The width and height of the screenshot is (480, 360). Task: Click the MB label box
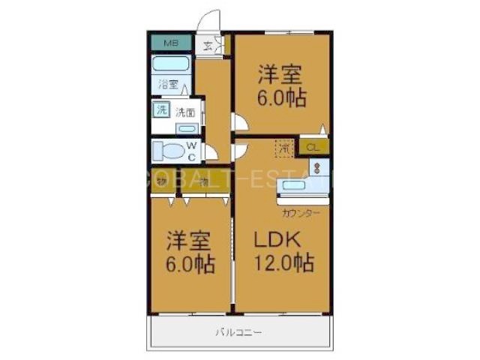[172, 43]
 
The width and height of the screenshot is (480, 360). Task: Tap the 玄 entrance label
[208, 45]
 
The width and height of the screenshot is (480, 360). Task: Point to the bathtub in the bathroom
[172, 64]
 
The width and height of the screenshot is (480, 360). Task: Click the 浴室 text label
[168, 84]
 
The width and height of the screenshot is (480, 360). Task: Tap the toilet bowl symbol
[168, 151]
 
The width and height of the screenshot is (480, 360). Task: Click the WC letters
[192, 151]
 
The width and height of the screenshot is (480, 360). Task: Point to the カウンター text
[301, 214]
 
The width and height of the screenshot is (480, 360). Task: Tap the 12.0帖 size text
[283, 263]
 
